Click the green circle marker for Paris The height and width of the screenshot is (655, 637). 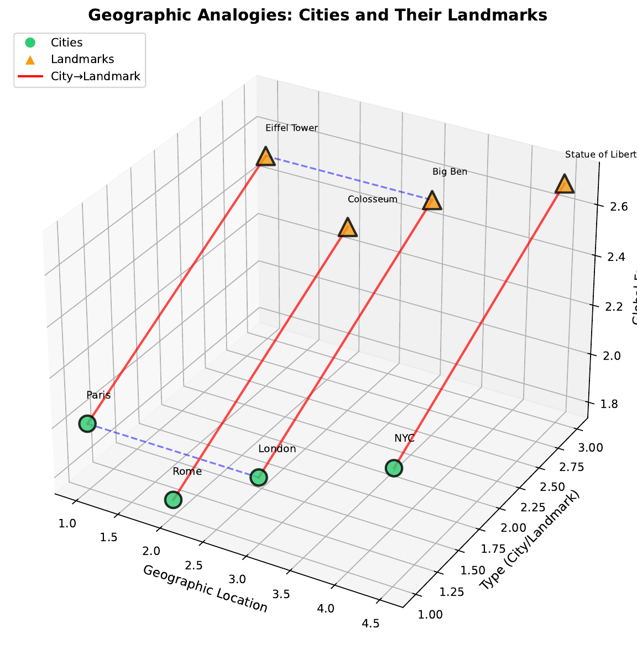click(87, 424)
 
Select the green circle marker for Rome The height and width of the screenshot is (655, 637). click(174, 500)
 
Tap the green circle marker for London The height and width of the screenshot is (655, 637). click(259, 477)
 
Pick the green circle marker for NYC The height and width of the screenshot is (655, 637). click(394, 468)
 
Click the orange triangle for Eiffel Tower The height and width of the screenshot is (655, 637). click(266, 158)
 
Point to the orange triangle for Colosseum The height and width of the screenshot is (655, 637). click(347, 228)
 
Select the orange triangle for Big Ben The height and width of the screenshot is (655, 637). click(432, 201)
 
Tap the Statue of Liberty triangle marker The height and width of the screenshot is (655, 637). click(565, 185)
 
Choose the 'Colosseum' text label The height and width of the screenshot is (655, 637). click(372, 199)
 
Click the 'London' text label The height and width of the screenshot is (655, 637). click(277, 449)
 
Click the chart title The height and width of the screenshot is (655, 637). click(317, 15)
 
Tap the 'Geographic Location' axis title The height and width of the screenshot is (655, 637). click(205, 588)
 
